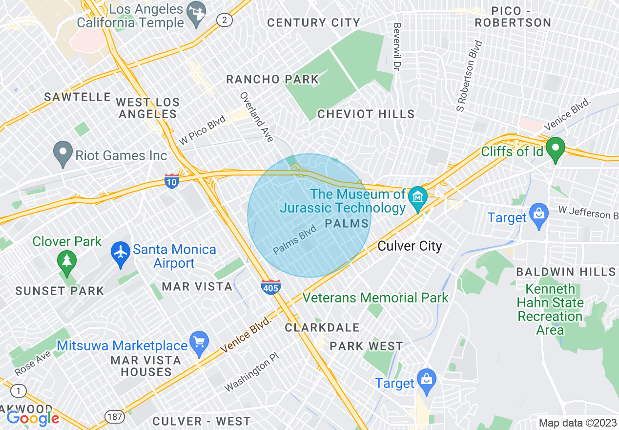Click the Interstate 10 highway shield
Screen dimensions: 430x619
click(x=172, y=180)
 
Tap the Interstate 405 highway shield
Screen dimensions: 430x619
click(x=270, y=286)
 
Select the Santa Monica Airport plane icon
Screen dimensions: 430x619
click(x=121, y=256)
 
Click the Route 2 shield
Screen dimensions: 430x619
click(x=224, y=20)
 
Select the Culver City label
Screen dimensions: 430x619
click(x=410, y=246)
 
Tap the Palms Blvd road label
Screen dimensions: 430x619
click(x=295, y=242)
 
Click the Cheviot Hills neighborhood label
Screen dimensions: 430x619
click(x=366, y=114)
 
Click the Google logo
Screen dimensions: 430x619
click(x=33, y=418)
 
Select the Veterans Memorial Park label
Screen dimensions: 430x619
click(x=375, y=298)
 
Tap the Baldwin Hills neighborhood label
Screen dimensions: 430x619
click(x=566, y=272)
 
